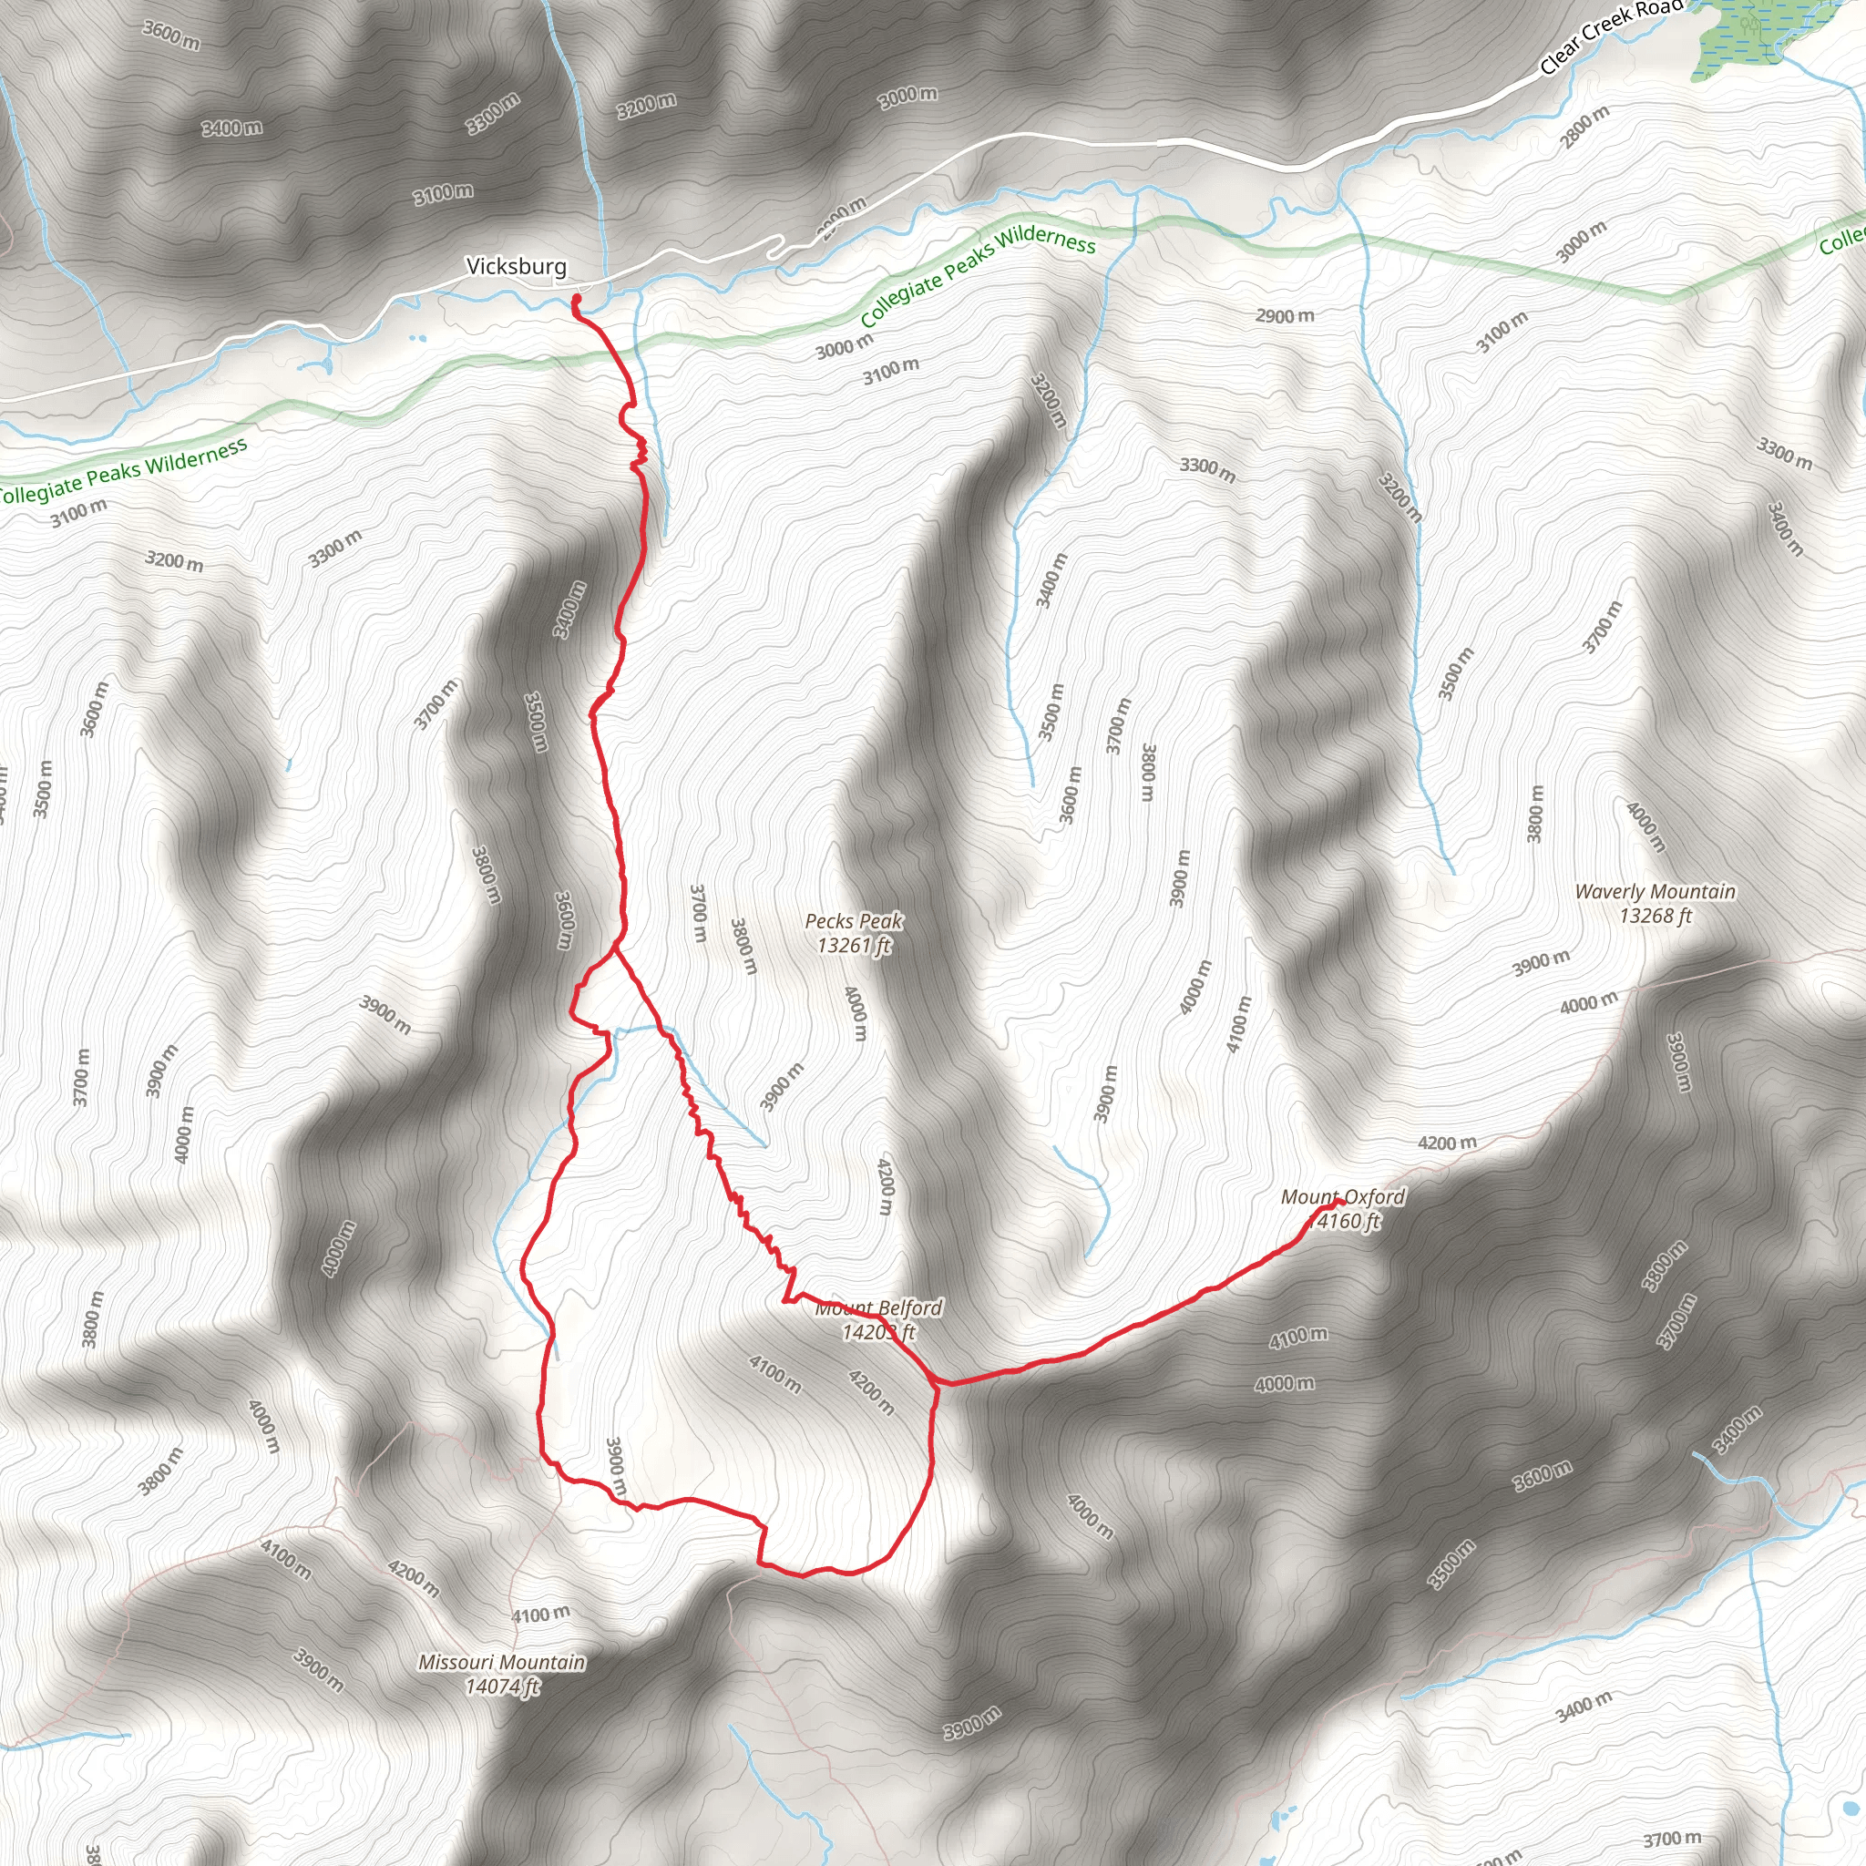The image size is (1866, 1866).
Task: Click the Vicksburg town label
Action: point(516,266)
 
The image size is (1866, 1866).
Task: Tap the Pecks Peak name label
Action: point(854,920)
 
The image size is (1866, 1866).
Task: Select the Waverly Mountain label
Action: point(1655,891)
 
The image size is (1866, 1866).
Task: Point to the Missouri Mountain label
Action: point(501,1662)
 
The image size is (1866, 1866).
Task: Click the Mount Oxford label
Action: point(1342,1197)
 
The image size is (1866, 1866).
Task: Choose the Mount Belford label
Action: point(878,1308)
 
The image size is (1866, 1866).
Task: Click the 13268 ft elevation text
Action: point(1655,916)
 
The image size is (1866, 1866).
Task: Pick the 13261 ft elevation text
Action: point(854,945)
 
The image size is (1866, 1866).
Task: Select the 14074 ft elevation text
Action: point(502,1687)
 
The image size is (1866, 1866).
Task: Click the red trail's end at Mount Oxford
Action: point(1340,1203)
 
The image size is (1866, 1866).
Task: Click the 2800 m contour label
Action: point(1585,127)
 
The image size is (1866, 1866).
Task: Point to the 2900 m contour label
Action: point(1285,316)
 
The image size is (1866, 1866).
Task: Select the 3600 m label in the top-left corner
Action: point(171,35)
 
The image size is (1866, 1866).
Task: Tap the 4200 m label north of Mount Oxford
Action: point(1447,1143)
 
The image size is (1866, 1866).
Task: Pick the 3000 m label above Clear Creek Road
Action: point(907,96)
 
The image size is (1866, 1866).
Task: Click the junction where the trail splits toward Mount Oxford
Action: point(936,1384)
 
